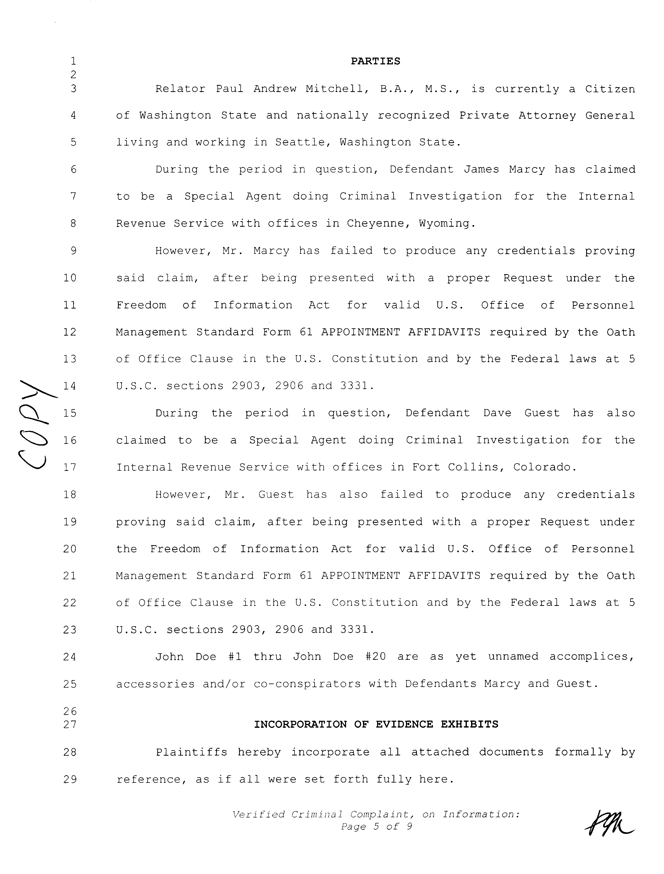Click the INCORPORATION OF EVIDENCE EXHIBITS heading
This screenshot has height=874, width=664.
tap(376, 724)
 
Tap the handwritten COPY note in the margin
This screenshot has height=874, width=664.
tap(36, 423)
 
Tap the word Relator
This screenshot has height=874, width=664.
tap(180, 89)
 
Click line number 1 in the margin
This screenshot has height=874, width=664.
tap(73, 61)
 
